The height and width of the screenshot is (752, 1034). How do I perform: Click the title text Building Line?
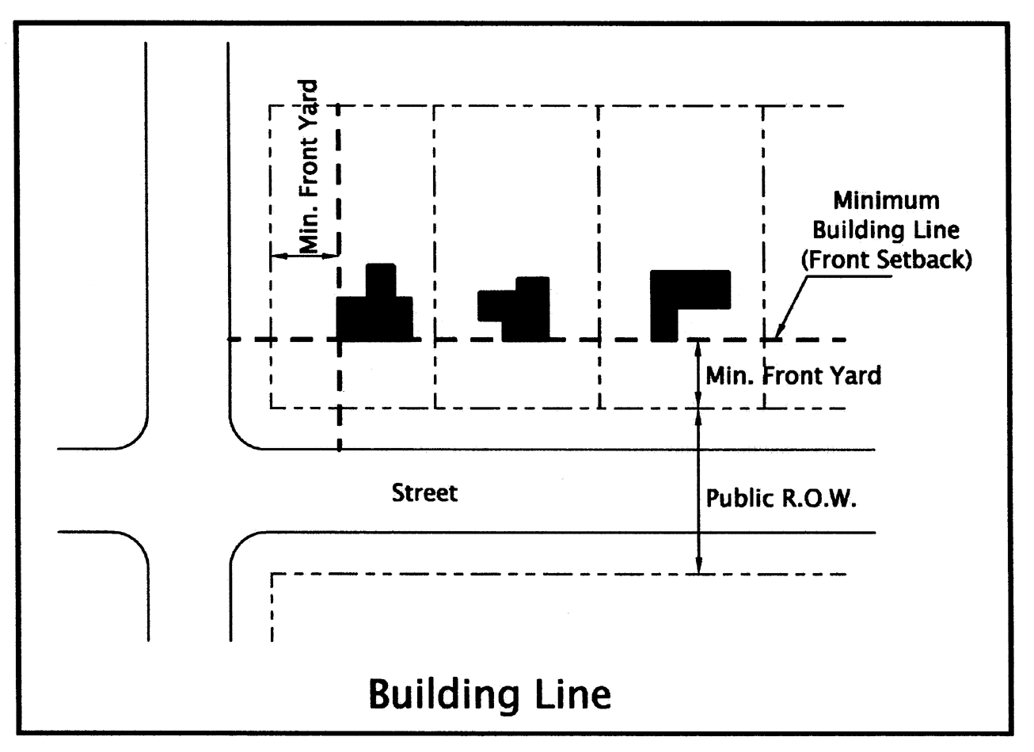(490, 693)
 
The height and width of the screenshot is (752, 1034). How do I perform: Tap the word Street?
(425, 493)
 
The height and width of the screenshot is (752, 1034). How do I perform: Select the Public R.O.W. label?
(781, 499)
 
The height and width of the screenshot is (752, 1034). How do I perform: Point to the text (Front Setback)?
(885, 260)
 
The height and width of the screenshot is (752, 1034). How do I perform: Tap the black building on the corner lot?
(374, 313)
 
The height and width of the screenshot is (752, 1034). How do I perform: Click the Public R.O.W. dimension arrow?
(698, 491)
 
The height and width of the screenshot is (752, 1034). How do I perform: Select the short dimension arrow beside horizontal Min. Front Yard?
(698, 374)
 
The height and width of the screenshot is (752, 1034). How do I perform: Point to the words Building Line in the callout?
(885, 230)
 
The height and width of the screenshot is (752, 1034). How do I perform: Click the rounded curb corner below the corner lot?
(241, 436)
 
